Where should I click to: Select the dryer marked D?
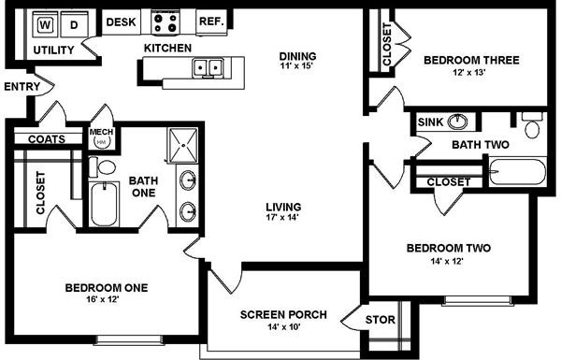74,22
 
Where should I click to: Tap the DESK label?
120,21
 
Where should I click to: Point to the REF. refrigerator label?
210,21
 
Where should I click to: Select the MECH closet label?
101,133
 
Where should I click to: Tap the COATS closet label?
46,139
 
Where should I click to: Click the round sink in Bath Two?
458,122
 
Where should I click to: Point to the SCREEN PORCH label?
282,314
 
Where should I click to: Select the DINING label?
298,54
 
